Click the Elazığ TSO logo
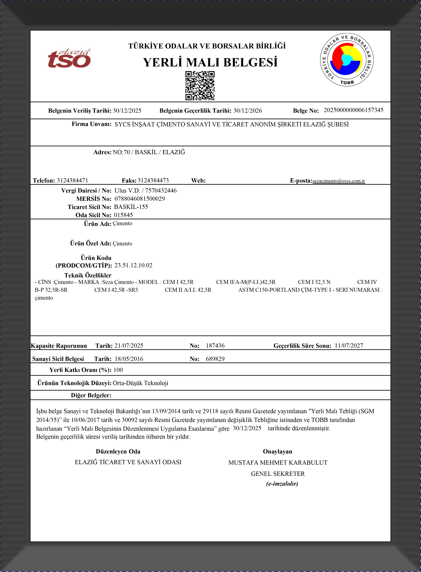69,59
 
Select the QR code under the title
200,86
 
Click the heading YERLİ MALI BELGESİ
210,63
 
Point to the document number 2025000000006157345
353,110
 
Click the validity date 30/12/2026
247,111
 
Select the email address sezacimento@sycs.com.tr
338,181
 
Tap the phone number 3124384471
72,181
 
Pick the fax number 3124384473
153,181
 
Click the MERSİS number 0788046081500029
139,199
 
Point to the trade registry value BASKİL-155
131,207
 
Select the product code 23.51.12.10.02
133,265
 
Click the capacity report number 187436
215,346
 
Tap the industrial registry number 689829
215,359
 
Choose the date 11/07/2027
349,346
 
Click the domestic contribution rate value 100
118,370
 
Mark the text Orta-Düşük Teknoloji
140,383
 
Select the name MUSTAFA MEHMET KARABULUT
278,463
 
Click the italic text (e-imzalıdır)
282,484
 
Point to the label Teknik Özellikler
88,275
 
